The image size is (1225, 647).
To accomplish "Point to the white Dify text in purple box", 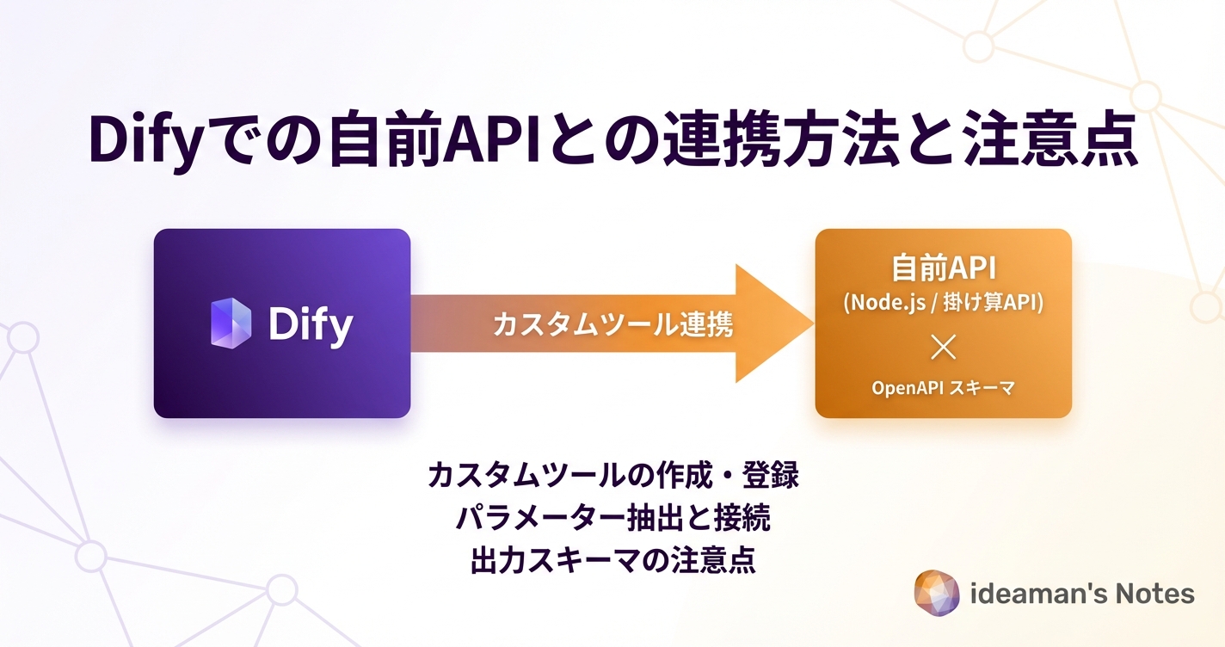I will coord(311,324).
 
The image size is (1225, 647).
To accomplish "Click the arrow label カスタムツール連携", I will coord(612,324).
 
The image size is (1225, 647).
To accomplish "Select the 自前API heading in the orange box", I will coord(944,268).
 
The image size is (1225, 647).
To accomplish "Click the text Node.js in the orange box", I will coord(885,303).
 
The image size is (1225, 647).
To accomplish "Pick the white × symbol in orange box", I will coord(944,348).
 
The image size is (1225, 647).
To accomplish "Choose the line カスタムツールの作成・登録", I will coord(612,476).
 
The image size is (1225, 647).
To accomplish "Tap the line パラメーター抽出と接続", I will coord(612,518).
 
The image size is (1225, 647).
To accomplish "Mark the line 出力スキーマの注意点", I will coord(612,560).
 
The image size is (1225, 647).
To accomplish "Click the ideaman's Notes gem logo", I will coord(937,593).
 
